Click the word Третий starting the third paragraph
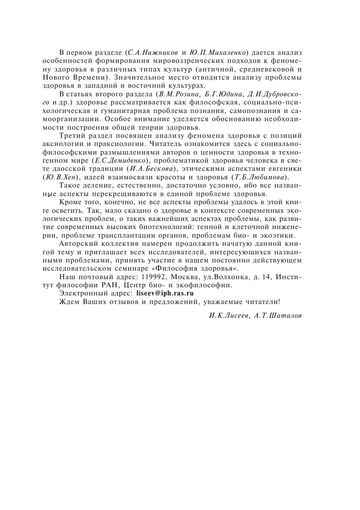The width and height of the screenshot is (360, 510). pyautogui.click(x=72, y=135)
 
